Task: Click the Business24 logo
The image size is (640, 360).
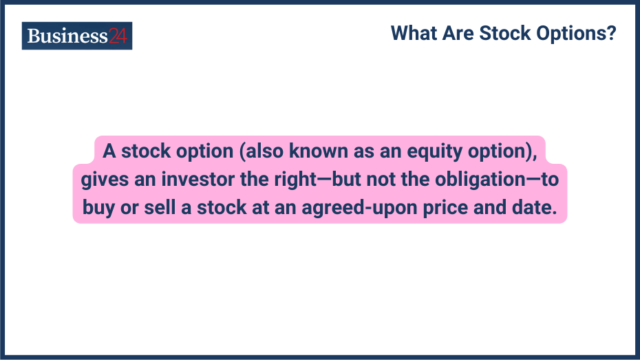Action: tap(76, 36)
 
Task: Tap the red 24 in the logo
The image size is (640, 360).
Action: tap(118, 36)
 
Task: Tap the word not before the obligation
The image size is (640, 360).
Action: tap(384, 180)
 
